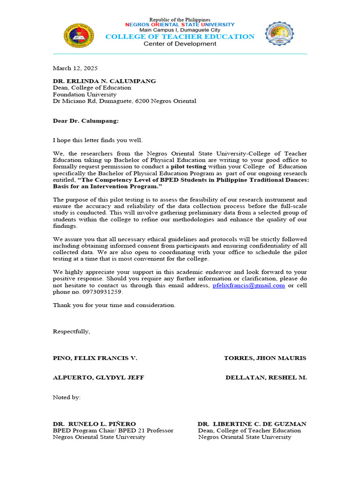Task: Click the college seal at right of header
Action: pyautogui.click(x=280, y=34)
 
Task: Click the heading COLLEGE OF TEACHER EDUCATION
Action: pyautogui.click(x=180, y=37)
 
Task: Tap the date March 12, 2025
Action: pyautogui.click(x=75, y=68)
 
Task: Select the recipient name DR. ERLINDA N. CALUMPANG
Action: pyautogui.click(x=105, y=81)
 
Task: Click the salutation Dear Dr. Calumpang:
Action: pyautogui.click(x=86, y=120)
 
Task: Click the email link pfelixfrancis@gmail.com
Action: pyautogui.click(x=248, y=285)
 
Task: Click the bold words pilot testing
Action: pyautogui.click(x=188, y=166)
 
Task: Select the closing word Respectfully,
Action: pyautogui.click(x=71, y=331)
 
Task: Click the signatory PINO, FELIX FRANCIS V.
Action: pyautogui.click(x=95, y=358)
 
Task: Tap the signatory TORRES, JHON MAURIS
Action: pyautogui.click(x=265, y=358)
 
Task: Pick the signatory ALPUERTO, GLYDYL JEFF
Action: pyautogui.click(x=98, y=377)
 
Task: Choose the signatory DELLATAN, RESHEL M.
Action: pyautogui.click(x=266, y=377)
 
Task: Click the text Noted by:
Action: pyautogui.click(x=67, y=397)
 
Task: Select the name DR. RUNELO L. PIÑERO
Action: pyautogui.click(x=94, y=424)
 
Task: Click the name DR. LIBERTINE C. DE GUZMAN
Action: pyautogui.click(x=252, y=424)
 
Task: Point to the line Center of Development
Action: pyautogui.click(x=180, y=44)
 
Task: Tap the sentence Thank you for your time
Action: pyautogui.click(x=114, y=305)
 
